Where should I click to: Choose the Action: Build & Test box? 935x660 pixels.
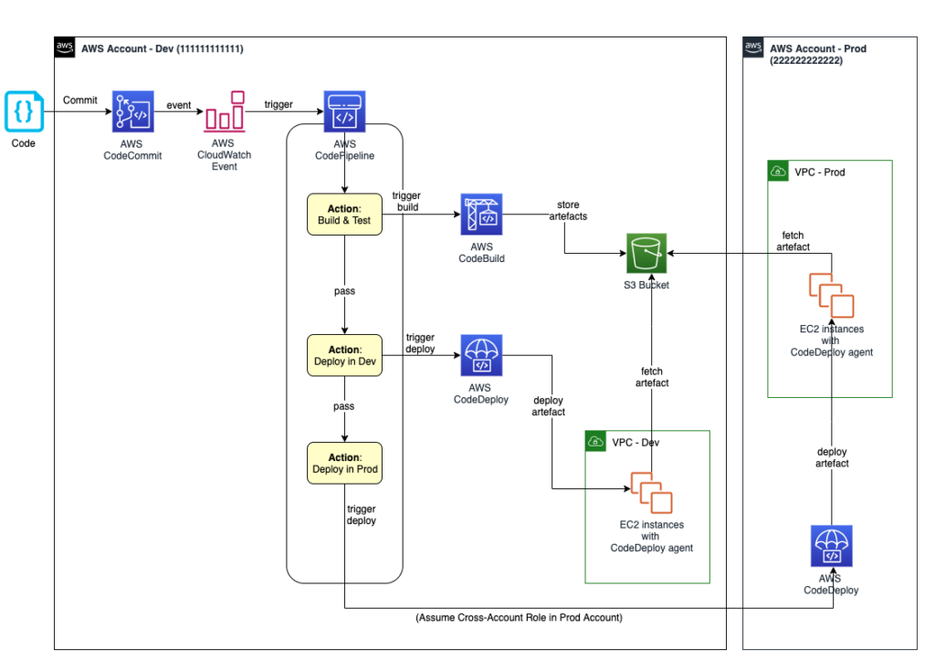[x=344, y=215]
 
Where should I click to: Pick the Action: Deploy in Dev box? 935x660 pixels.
[x=344, y=355]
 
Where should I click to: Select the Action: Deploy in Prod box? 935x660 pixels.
[x=344, y=463]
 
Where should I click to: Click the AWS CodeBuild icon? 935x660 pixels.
[x=481, y=215]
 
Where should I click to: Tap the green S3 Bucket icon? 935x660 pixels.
[x=646, y=254]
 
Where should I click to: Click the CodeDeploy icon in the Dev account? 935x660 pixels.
[x=481, y=356]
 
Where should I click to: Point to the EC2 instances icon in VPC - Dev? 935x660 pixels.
[x=651, y=493]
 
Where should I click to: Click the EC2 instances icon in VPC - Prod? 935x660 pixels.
[x=830, y=295]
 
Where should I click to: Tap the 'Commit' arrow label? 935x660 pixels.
[x=79, y=100]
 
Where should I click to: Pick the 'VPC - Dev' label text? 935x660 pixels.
[x=635, y=442]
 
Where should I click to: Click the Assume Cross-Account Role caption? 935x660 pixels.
[x=519, y=618]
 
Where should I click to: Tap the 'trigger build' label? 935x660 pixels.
[x=406, y=203]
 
